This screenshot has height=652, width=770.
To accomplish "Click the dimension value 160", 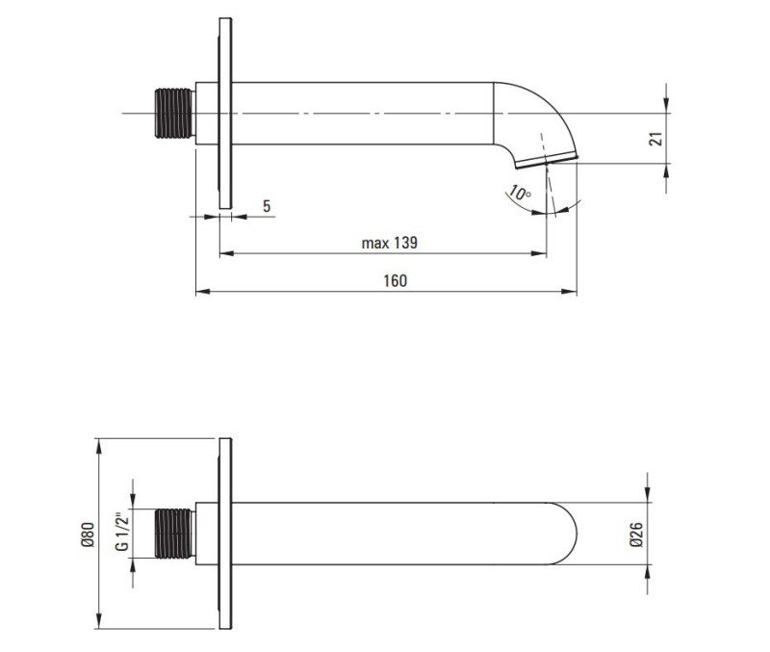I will coord(395,280).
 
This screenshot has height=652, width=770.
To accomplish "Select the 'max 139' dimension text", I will coord(389,244).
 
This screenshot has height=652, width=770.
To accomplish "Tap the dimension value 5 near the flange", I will coord(267,206).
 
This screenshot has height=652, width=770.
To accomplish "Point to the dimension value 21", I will coord(656,139).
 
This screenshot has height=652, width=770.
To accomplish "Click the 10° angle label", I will coord(520,195).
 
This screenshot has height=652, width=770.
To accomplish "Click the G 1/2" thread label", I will coord(122,532).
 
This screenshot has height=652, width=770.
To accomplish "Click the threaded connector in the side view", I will coord(174,115).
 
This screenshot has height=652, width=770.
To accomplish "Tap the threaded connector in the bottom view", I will coord(174,533).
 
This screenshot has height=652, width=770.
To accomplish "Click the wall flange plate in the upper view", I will coord(225,114).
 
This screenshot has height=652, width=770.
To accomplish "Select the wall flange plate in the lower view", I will coord(225,533).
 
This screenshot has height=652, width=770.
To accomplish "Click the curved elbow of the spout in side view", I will coord(529,111).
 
